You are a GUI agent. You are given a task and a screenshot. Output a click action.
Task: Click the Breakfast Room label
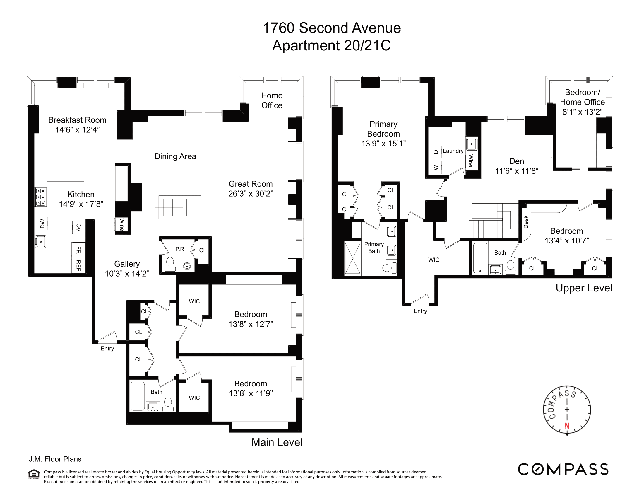[77, 120]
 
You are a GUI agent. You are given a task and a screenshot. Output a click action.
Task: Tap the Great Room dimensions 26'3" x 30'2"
[251, 194]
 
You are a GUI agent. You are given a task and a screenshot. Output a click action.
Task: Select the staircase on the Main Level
[179, 207]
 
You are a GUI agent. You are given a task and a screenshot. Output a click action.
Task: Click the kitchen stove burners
[41, 197]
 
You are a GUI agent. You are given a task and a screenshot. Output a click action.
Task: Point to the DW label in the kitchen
[42, 223]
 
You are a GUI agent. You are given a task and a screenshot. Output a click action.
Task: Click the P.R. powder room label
[180, 249]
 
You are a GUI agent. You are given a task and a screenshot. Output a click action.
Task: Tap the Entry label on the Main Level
[107, 348]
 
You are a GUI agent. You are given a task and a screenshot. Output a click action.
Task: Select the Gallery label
[127, 264]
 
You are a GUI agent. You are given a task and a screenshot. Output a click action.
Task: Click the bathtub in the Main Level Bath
[137, 396]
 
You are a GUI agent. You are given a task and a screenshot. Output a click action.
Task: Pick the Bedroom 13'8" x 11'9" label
[251, 388]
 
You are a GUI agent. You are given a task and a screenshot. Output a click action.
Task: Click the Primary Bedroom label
[383, 129]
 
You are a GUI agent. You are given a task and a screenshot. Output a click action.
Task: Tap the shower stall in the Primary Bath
[353, 258]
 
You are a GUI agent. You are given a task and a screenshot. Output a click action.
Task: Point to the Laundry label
[453, 151]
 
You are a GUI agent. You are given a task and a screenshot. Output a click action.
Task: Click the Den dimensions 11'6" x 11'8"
[517, 171]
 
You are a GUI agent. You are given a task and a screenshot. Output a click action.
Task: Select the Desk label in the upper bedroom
[526, 222]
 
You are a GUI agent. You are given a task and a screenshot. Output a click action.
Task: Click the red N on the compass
[567, 426]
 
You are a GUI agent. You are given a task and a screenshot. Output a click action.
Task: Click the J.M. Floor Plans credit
[55, 459]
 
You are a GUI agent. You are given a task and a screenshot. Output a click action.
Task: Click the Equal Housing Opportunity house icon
[34, 474]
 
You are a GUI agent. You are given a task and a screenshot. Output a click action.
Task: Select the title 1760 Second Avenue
[331, 28]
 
